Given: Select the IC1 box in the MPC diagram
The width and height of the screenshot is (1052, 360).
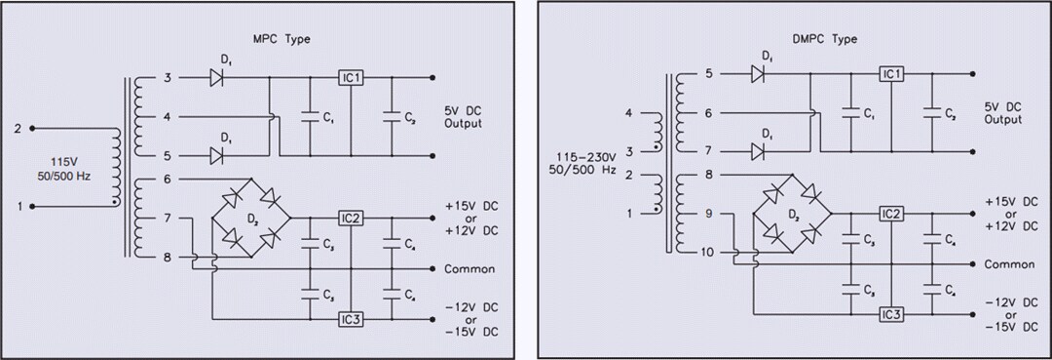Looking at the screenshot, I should click(352, 77).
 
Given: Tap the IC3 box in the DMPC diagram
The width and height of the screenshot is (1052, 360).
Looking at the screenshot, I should click(890, 314).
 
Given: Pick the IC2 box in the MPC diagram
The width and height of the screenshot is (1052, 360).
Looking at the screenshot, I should click(352, 218).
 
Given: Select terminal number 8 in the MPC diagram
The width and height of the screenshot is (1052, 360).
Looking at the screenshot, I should click(167, 259).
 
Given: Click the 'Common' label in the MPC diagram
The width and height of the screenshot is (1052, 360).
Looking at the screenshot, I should click(469, 269).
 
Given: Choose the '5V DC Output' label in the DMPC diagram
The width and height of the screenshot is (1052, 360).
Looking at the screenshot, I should click(1003, 113).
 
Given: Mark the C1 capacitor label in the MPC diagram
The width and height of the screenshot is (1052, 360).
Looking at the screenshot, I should click(329, 118).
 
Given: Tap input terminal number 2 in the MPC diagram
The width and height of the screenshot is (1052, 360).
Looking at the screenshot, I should click(18, 128).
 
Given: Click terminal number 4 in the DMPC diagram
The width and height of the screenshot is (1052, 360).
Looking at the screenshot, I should click(628, 114).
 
